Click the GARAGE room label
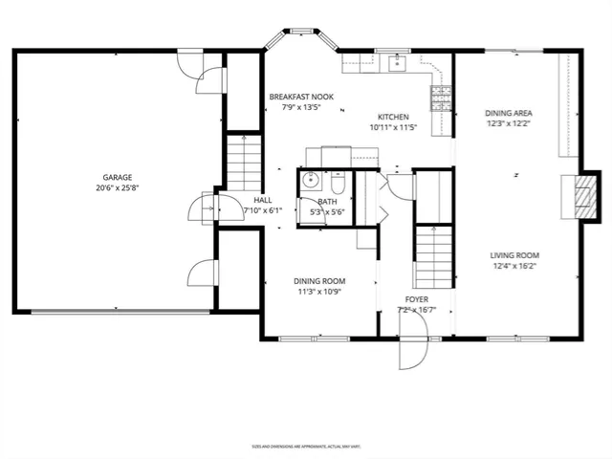click(118, 177)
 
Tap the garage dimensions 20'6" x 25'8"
click(118, 188)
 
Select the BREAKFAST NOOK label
click(300, 98)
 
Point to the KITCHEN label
click(393, 116)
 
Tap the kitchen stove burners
click(442, 95)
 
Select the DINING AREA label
click(508, 112)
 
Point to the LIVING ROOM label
click(514, 255)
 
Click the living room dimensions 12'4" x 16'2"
click(514, 267)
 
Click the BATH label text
click(328, 202)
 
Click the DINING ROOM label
click(319, 280)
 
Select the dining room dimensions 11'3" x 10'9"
click(319, 292)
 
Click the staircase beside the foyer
click(433, 258)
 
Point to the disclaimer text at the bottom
click(305, 446)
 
